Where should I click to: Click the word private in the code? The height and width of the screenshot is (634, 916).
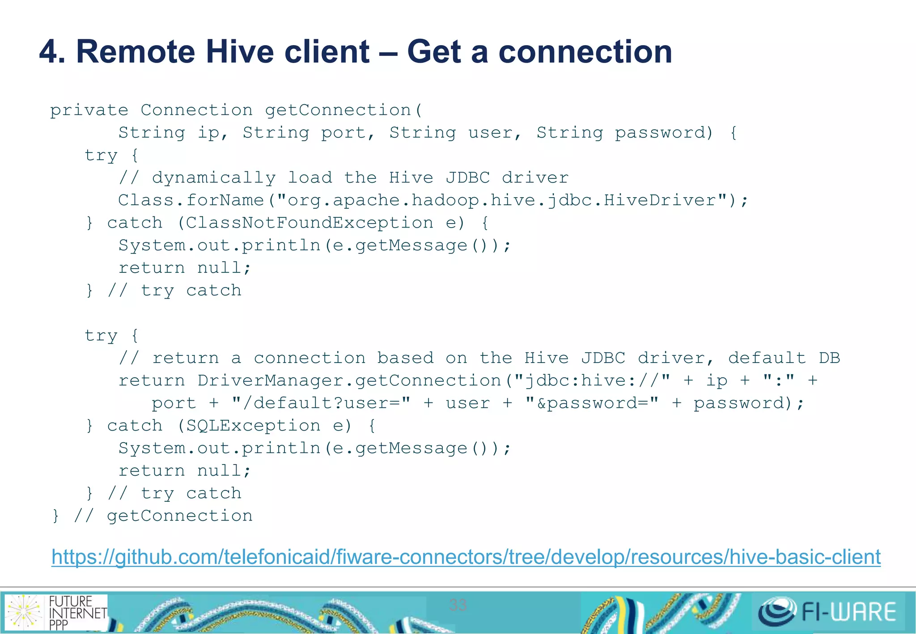click(x=89, y=110)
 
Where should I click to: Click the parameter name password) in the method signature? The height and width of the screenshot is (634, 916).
click(x=664, y=133)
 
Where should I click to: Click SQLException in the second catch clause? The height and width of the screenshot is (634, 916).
click(x=253, y=426)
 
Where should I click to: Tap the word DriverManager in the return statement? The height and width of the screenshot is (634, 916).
click(x=270, y=380)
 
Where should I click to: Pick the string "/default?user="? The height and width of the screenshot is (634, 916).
click(x=321, y=403)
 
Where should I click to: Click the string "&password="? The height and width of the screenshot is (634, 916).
click(x=592, y=403)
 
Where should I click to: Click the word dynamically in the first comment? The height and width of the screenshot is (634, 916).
click(x=214, y=178)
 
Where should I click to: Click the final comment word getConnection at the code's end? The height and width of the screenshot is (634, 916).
click(x=180, y=516)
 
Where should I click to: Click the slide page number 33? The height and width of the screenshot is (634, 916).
click(x=458, y=605)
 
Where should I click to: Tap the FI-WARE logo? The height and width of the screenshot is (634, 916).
click(x=827, y=612)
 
